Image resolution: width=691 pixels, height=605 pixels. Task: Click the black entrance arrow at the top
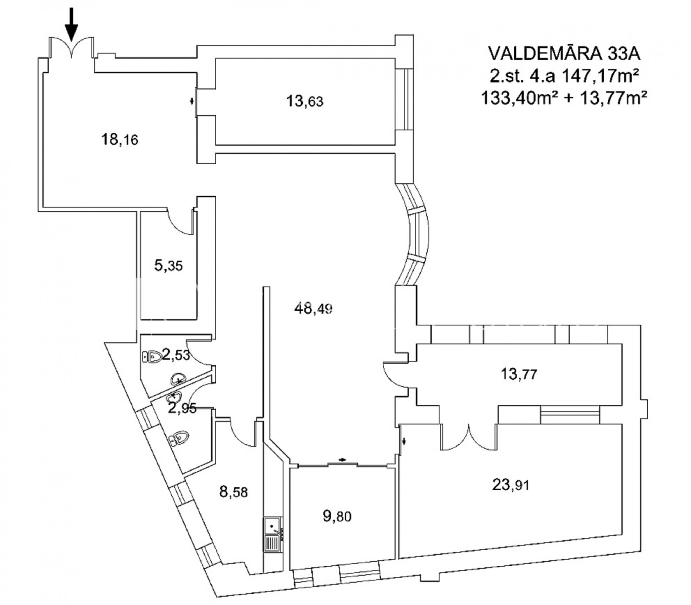coord(71,24)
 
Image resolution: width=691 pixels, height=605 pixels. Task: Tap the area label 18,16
coord(120,139)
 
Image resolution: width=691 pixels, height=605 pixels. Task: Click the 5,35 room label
coord(168,266)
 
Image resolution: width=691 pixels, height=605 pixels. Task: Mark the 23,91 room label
coord(511,485)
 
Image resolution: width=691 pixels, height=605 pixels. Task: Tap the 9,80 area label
coord(337,516)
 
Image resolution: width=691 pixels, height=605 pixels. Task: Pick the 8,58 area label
coord(233,492)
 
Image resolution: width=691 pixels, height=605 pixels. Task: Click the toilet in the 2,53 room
coord(152,357)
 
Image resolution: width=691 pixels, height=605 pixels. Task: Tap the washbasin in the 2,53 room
coord(178,379)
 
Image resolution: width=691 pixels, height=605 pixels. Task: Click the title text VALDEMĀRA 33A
coord(564,54)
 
